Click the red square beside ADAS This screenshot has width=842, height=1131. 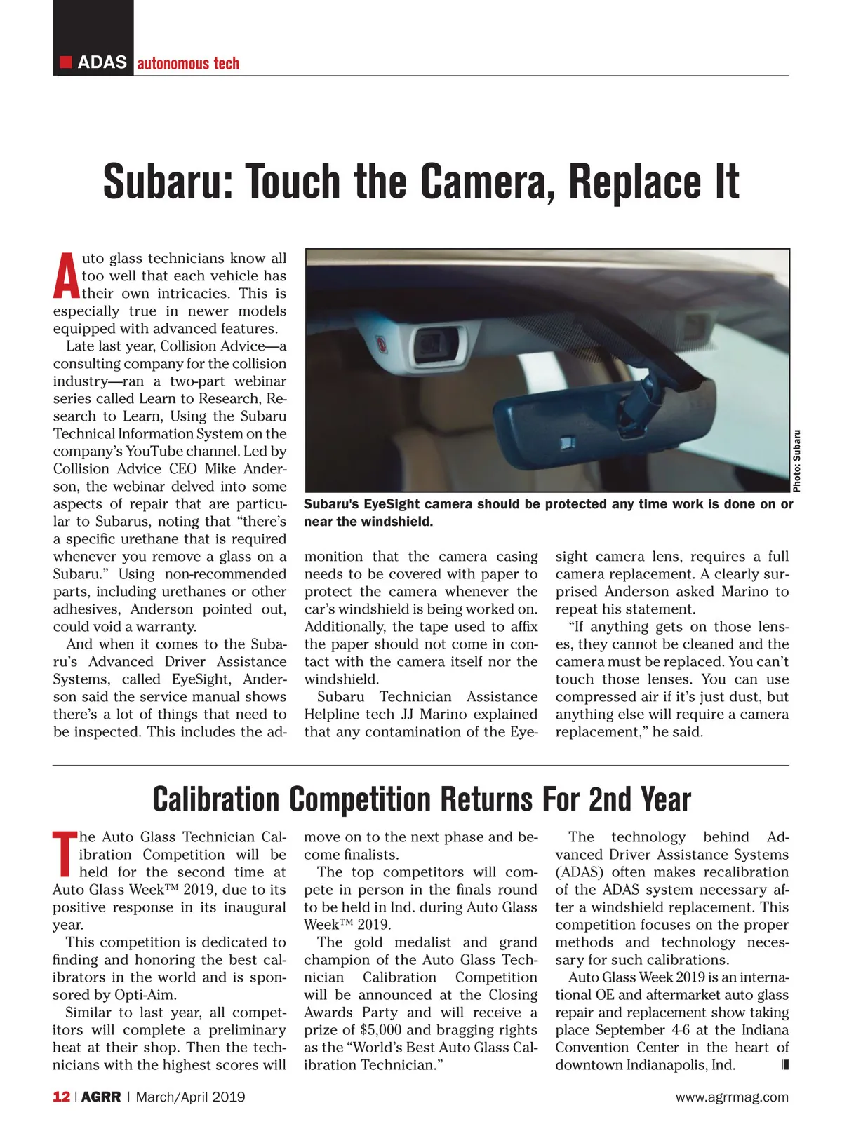coord(66,62)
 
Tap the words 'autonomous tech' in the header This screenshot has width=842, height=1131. coord(188,63)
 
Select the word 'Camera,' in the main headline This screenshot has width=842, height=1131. coord(484,182)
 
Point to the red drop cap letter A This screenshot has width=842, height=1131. coord(65,276)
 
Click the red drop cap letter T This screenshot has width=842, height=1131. coord(65,855)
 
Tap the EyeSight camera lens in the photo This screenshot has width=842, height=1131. coord(434,344)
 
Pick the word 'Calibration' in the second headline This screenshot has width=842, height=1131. coord(216,799)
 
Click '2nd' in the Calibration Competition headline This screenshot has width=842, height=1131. coord(610,799)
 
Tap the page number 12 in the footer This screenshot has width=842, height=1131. coord(61,1097)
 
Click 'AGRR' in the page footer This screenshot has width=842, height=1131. coord(101,1097)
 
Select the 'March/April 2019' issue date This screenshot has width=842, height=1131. coord(191,1097)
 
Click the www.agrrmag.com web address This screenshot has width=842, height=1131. coord(732,1097)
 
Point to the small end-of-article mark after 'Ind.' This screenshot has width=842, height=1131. coord(785,1065)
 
